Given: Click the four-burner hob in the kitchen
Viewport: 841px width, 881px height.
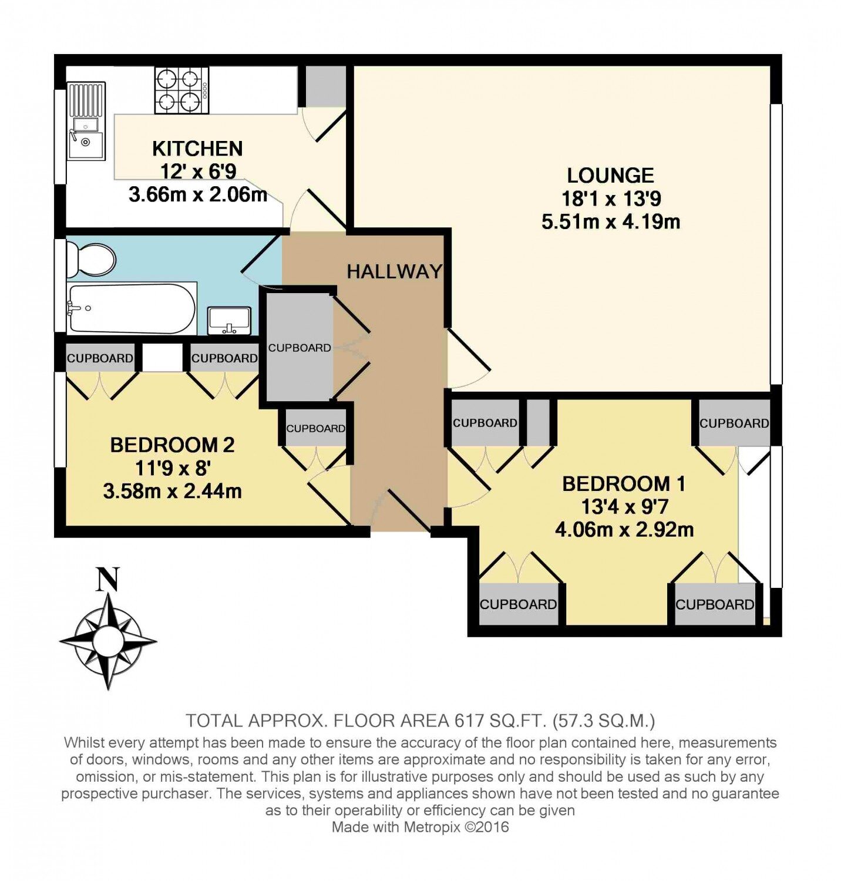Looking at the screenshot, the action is pyautogui.click(x=181, y=90).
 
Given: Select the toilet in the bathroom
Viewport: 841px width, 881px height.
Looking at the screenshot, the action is pyautogui.click(x=90, y=260).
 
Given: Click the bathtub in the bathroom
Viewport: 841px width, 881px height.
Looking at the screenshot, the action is pyautogui.click(x=132, y=308).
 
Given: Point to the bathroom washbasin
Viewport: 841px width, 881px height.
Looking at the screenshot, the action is pyautogui.click(x=230, y=321).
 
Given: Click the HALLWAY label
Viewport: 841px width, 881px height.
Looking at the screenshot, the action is pyautogui.click(x=394, y=271).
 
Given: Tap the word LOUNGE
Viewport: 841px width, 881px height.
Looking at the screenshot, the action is pyautogui.click(x=610, y=175).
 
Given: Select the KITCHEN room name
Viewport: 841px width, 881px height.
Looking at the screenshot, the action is pyautogui.click(x=197, y=149).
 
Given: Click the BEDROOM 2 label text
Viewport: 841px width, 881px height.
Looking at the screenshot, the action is pyautogui.click(x=172, y=445).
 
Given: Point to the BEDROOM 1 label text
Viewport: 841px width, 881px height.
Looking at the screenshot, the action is pyautogui.click(x=624, y=483).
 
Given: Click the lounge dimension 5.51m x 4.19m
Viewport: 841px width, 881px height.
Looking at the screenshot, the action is pyautogui.click(x=611, y=221).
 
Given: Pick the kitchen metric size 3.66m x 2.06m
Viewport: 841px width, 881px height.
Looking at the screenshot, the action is pyautogui.click(x=198, y=194).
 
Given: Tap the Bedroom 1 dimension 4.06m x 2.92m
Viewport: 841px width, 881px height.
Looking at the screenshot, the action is pyautogui.click(x=624, y=529).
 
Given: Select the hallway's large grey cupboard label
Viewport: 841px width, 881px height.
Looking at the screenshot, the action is pyautogui.click(x=300, y=348).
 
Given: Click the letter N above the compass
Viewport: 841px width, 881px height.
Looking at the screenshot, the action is pyautogui.click(x=108, y=579).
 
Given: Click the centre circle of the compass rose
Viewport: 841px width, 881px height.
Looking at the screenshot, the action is pyautogui.click(x=108, y=640).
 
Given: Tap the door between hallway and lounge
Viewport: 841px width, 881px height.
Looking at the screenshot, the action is pyautogui.click(x=469, y=359).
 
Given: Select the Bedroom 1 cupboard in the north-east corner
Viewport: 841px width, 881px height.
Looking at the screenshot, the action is pyautogui.click(x=734, y=423).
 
